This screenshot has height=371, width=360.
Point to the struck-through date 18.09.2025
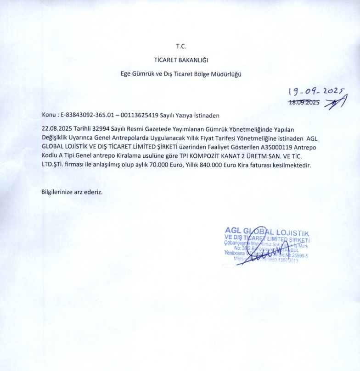[x=304, y=102]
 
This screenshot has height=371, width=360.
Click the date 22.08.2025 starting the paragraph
[x=56, y=130]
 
